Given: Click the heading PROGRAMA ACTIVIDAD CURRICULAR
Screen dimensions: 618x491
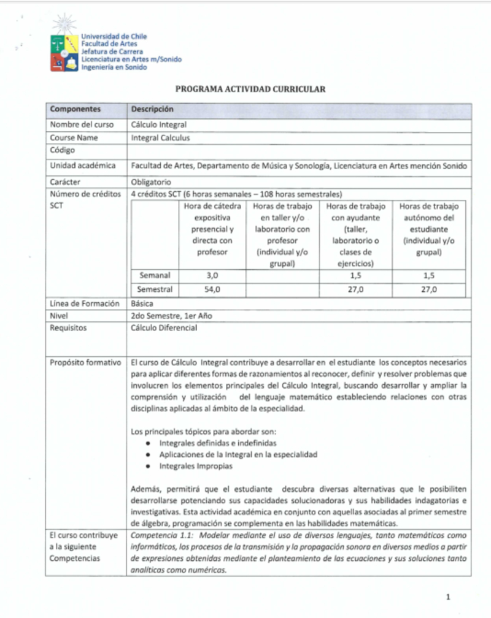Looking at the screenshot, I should pos(250,90).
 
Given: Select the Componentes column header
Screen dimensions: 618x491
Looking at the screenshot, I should pos(75,109).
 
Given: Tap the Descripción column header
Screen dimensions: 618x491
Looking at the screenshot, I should pos(152,109).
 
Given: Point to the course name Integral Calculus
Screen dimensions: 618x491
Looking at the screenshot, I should pos(161,138).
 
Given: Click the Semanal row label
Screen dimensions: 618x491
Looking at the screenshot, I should pos(155,276).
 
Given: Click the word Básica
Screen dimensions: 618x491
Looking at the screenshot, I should pos(142,303).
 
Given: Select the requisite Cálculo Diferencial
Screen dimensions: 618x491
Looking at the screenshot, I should pos(164,328).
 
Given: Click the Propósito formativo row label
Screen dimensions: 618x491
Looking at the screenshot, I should pos(85,363).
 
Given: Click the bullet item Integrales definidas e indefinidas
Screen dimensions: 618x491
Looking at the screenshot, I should pos(218,442).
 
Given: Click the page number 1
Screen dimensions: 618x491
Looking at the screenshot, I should pos(448,596).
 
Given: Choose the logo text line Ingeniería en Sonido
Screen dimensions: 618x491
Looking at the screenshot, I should pos(114,67).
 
